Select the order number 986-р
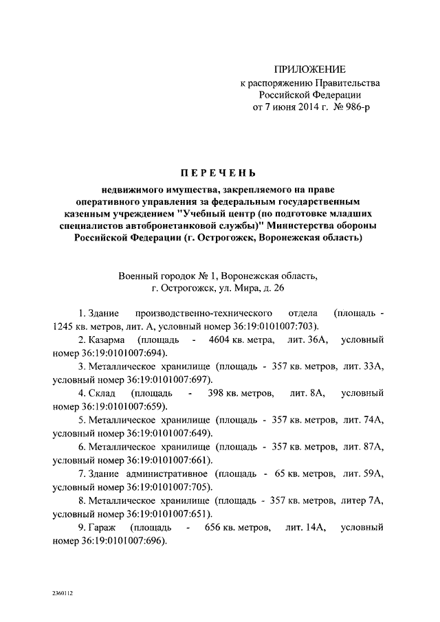[354, 109]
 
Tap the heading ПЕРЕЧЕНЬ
[220, 171]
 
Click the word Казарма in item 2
[104, 340]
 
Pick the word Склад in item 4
[101, 394]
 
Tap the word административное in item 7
[168, 474]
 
